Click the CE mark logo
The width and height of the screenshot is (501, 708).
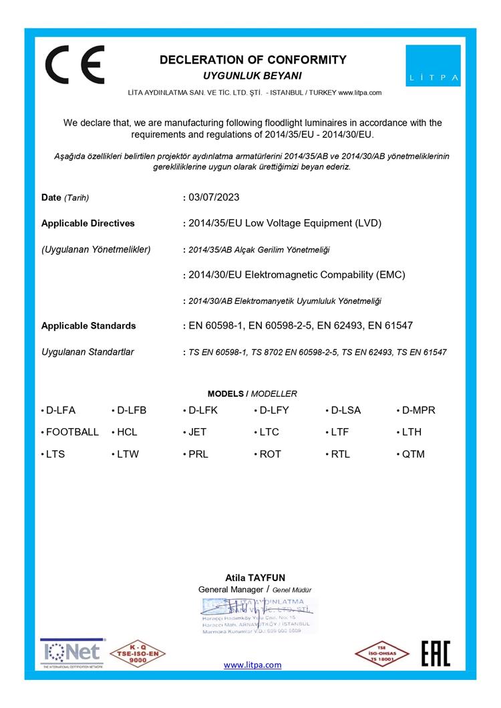[74, 65]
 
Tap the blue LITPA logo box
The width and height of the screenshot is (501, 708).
[433, 65]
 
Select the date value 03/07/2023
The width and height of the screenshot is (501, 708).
[214, 197]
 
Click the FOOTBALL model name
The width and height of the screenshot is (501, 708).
[72, 432]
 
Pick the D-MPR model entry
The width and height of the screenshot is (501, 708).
[418, 410]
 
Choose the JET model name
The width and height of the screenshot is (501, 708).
[197, 432]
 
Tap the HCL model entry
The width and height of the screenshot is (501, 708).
[127, 432]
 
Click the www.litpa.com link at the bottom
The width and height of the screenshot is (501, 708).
[253, 665]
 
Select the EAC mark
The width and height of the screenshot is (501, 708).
[436, 653]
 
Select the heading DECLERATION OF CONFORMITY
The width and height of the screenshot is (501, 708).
[253, 60]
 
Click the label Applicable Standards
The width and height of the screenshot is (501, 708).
[88, 326]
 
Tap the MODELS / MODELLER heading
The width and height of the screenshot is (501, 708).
[252, 393]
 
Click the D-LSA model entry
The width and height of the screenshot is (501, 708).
[345, 410]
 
